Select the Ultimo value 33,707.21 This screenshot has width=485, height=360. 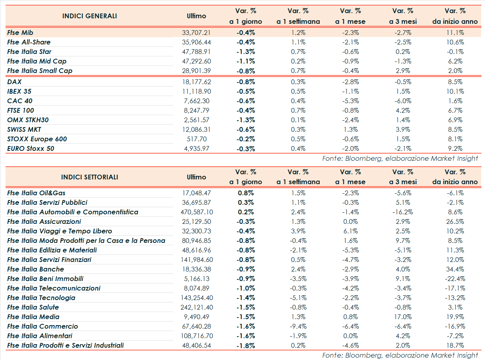(196, 33)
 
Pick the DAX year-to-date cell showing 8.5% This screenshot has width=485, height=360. (455, 82)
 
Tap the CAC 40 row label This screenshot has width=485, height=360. (20, 101)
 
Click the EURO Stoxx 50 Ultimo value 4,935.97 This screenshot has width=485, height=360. (196, 148)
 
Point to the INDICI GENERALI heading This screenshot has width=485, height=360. (90, 16)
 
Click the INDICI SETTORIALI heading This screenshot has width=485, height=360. (90, 177)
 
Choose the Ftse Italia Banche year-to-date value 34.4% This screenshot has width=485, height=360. (455, 269)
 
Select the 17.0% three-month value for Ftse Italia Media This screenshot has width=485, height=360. (403, 317)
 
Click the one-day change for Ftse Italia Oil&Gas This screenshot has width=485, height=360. (245, 193)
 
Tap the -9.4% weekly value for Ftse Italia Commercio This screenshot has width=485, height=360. (298, 326)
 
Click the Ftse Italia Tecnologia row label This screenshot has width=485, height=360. (41, 298)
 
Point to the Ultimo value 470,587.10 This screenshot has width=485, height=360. (196, 212)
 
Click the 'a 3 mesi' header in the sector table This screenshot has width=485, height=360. (403, 182)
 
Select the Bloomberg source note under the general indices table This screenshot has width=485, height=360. (400, 158)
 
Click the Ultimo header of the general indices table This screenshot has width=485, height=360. (196, 16)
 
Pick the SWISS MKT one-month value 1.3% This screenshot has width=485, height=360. (350, 129)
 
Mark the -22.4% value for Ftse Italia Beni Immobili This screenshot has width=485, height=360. (455, 279)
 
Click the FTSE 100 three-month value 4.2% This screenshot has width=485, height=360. (403, 110)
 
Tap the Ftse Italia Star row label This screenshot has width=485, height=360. (29, 52)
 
